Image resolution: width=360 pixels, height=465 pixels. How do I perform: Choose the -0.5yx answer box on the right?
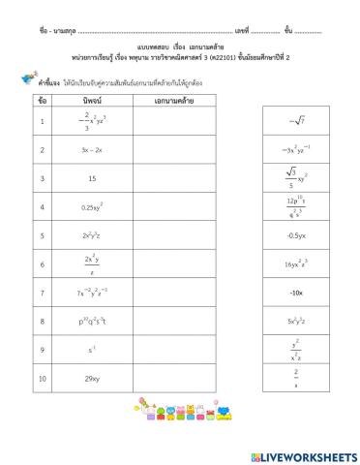pyautogui.click(x=295, y=235)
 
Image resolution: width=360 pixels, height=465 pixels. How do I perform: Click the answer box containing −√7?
pyautogui.click(x=295, y=121)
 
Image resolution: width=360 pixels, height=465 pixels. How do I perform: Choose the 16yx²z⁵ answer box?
pyautogui.click(x=295, y=263)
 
